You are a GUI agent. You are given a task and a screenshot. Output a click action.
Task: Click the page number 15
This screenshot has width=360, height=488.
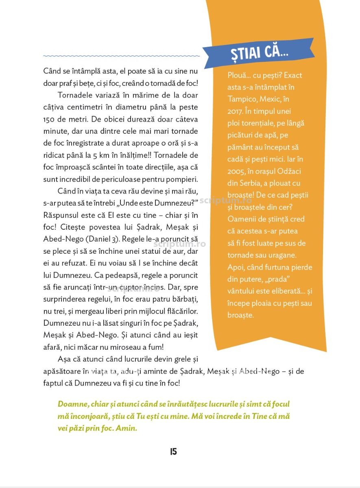pyautogui.click(x=173, y=451)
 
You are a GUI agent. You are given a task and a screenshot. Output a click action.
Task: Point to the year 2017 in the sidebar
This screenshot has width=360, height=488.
pyautogui.click(x=236, y=111)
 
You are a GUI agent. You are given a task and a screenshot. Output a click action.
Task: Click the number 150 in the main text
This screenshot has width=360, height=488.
pyautogui.click(x=50, y=119)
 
